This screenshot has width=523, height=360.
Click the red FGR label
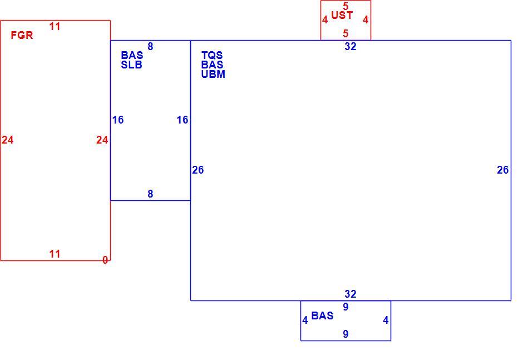pos(22,36)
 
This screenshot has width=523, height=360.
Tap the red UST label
pos(342,16)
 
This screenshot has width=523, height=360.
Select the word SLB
pos(131,65)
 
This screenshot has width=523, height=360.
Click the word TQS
pos(212,56)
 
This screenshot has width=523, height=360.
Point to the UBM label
pos(213,75)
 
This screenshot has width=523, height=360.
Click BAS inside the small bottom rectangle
pos(322,315)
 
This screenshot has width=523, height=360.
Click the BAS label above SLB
pos(132,55)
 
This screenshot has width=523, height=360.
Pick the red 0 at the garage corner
pos(105,260)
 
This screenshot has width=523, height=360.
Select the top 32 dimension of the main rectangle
pos(350,47)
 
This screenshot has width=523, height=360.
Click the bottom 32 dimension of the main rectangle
pos(350,294)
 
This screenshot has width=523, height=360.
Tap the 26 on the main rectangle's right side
pos(502,170)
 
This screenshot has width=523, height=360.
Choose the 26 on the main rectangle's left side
pos(198,170)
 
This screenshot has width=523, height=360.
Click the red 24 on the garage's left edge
pos(8,140)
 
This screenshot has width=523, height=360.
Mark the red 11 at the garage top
pos(55,26)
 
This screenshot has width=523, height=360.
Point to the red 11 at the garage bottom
pos(55,254)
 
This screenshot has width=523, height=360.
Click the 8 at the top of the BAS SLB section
pos(150,47)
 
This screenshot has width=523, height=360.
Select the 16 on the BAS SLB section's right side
pos(182,120)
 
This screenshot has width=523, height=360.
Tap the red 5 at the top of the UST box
pos(346,6)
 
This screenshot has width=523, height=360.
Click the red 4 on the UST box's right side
pos(366,20)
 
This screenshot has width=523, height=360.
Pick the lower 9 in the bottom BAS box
pos(346,334)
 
